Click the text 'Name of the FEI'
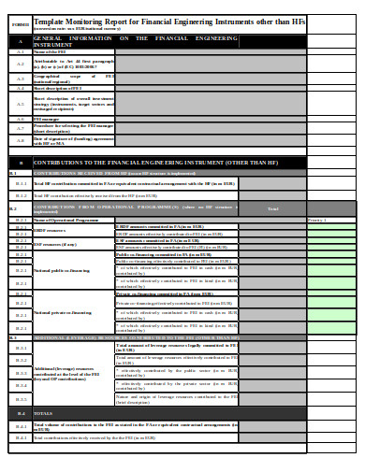click(x=51, y=52)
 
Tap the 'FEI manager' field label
click(x=47, y=120)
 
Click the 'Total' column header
click(x=272, y=208)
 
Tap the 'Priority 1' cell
click(x=318, y=219)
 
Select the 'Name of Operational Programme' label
click(x=66, y=219)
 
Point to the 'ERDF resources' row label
click(x=51, y=229)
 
